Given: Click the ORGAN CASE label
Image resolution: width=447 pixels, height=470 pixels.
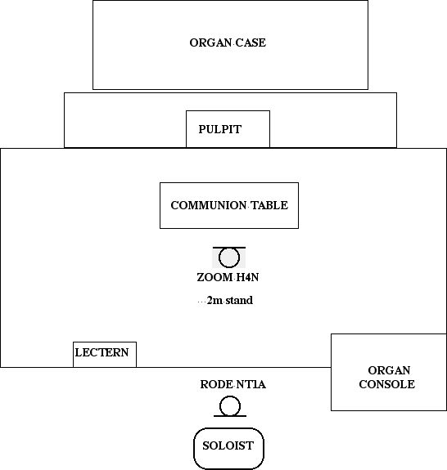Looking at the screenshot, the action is click(228, 43).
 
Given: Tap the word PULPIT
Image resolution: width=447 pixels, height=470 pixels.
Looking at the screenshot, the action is click(220, 129).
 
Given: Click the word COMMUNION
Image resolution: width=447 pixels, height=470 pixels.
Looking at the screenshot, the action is click(209, 205).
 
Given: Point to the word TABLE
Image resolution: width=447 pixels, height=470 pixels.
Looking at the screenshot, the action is click(269, 205).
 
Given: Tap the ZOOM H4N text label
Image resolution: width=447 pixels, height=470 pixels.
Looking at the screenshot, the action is click(228, 277).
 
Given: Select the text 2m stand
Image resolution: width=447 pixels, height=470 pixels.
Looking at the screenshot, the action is click(230, 300).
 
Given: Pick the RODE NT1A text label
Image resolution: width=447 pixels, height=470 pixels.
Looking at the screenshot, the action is click(233, 384).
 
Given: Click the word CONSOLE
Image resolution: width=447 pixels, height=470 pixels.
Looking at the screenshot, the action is click(387, 384).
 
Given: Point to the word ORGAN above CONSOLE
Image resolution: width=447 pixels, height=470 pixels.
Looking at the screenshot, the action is click(389, 370).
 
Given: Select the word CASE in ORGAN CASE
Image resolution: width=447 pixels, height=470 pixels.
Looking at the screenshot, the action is click(251, 43).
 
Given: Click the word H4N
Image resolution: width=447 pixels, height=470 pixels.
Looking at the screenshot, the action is click(248, 277).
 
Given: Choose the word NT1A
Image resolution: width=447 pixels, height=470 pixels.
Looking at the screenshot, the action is click(251, 384).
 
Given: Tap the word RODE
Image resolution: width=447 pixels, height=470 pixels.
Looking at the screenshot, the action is click(216, 384).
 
